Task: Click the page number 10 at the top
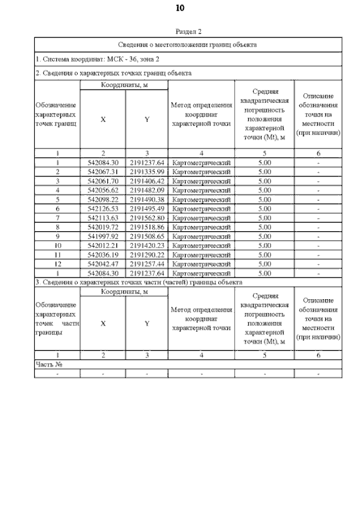click(179, 7)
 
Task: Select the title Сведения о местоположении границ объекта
click(188, 44)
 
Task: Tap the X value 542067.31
click(103, 172)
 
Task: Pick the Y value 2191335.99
click(146, 172)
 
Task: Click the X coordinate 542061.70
click(103, 181)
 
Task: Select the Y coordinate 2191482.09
click(146, 190)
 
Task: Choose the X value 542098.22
click(103, 200)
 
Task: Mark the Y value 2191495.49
click(146, 209)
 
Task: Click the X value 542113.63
click(103, 218)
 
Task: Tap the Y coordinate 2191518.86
click(146, 227)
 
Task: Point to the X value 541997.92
click(103, 236)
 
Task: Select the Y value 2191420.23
click(146, 245)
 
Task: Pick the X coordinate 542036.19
click(103, 254)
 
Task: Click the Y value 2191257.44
click(146, 264)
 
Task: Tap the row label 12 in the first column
click(57, 264)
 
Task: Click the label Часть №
click(48, 364)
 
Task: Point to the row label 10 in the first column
click(57, 245)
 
